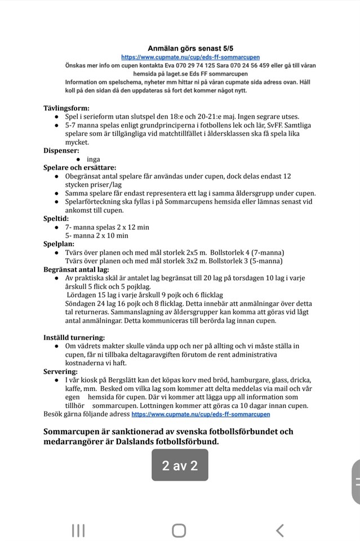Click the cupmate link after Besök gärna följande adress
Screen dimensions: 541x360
(201, 414)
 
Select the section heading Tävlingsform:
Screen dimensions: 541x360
(66, 108)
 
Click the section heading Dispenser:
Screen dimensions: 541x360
(61, 150)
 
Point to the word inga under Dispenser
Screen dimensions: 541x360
(93, 159)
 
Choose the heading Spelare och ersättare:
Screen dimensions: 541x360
(80, 167)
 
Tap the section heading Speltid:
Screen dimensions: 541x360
(56, 218)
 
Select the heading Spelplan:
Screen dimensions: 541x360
(59, 244)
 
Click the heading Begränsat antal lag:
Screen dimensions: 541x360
(76, 269)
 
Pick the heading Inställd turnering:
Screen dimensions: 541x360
(74, 338)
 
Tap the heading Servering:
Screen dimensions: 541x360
(61, 372)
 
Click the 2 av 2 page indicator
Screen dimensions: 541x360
(180, 465)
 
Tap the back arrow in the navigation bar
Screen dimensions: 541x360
(279, 530)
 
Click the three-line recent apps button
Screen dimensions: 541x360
(78, 530)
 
